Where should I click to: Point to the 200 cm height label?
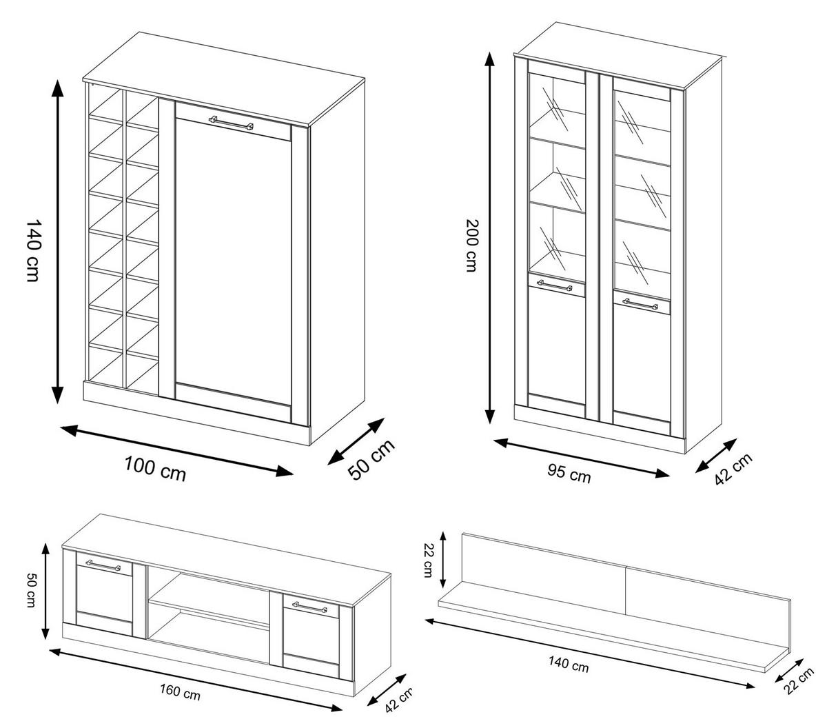[471, 245]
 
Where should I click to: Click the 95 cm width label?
[569, 474]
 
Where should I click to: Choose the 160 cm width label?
[180, 692]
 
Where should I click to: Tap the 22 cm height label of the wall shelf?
[427, 559]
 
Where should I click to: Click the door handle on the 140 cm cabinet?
[232, 122]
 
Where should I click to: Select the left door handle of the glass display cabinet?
[555, 284]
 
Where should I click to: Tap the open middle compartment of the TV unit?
[208, 614]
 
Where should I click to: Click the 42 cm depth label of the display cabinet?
[733, 469]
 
